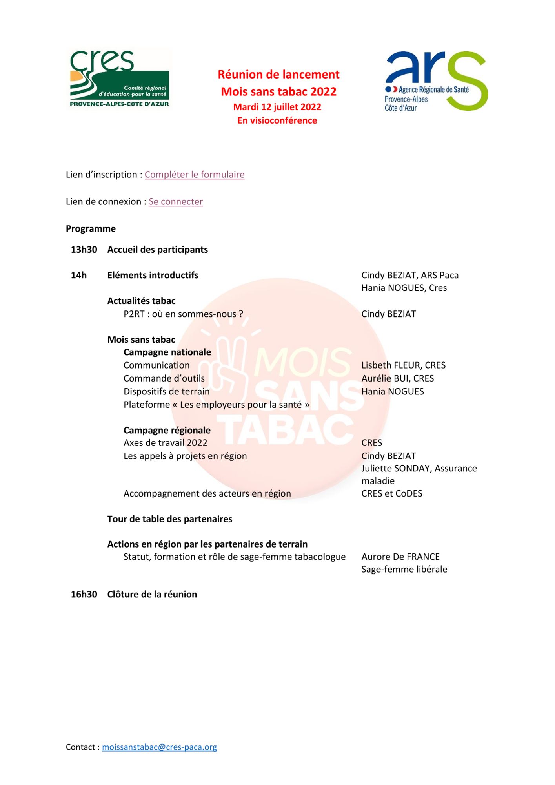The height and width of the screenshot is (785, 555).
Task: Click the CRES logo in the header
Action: pos(119,78)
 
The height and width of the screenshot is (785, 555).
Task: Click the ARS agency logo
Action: pos(436,81)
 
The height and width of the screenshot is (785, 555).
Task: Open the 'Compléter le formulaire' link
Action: pos(195,175)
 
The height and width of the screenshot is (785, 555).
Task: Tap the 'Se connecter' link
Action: pos(176,202)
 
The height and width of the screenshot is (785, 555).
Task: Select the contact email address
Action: pos(159,747)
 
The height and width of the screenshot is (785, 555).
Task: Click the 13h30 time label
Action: pos(84,250)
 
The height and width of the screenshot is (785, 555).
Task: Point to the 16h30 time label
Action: pos(84,594)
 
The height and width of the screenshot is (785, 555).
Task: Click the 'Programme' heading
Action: pos(91,229)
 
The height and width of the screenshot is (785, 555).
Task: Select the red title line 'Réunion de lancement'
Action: pos(278,75)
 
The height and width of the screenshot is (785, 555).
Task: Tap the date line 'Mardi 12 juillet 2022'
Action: pos(277,107)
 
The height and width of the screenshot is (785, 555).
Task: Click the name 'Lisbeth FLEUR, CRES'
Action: pos(403,365)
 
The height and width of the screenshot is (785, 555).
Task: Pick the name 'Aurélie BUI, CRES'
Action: pos(397,378)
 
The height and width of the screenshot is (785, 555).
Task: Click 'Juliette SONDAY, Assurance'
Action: pos(419,468)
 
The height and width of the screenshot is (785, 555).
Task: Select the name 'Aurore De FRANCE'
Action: pos(400,557)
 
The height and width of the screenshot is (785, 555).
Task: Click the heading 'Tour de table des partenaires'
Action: pos(170,519)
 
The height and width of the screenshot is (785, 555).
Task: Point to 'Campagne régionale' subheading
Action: pos(167,430)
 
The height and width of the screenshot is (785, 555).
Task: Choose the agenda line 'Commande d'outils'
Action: pos(164,378)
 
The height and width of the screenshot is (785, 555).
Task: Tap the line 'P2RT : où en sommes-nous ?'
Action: pos(183,314)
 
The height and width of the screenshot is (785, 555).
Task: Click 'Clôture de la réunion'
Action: pos(152,594)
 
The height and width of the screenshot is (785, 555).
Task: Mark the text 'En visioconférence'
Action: pos(277,120)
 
